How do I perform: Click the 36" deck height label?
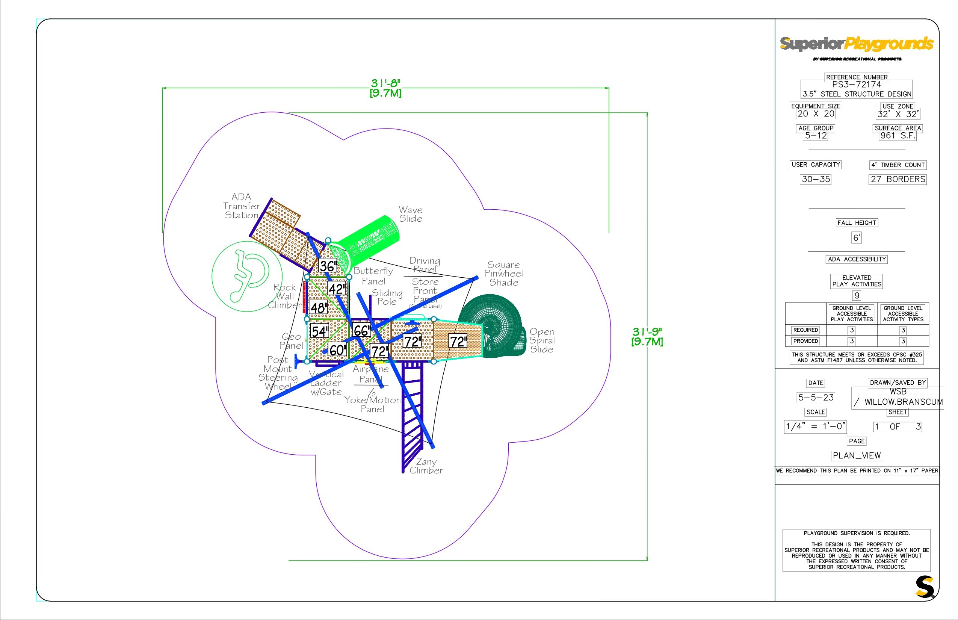[328, 266]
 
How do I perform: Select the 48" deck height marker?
[319, 308]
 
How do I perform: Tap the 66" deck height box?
[361, 331]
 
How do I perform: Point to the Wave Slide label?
[411, 214]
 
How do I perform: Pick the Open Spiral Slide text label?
[542, 340]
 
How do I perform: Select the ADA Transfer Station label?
[242, 206]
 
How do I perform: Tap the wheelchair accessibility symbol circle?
[246, 276]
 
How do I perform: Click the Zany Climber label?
[426, 466]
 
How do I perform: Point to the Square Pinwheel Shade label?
[503, 274]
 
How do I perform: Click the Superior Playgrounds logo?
[857, 44]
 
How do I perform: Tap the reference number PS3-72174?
[857, 85]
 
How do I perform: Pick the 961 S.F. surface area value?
[898, 136]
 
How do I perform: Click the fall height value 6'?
[857, 238]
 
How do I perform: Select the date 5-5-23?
[816, 398]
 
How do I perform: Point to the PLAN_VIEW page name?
[857, 456]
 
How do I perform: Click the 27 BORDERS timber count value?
[898, 180]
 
